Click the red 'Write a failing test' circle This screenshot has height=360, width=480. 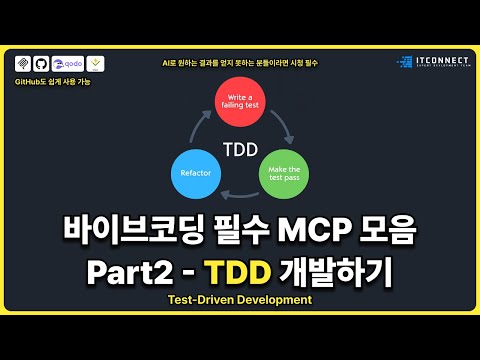tap(240, 105)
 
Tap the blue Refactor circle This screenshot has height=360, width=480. tap(196, 171)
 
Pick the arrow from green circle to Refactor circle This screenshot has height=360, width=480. tap(241, 194)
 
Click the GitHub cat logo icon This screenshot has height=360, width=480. tap(41, 63)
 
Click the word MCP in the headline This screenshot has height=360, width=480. tap(312, 231)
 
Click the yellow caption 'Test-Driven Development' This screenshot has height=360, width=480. tap(241, 299)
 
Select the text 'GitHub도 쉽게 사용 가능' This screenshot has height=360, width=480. tap(54, 80)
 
